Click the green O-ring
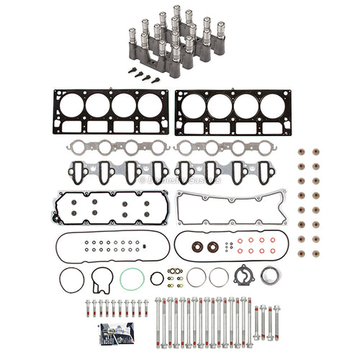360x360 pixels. [x=130, y=279]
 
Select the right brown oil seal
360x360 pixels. [x=212, y=247]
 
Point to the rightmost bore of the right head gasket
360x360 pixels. [x=271, y=107]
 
